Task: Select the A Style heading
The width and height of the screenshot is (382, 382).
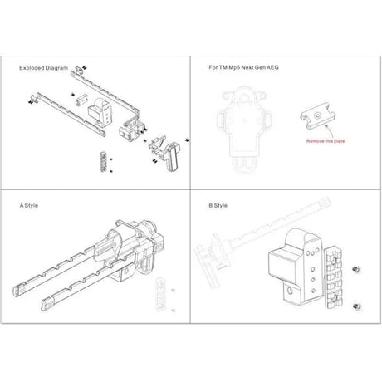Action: point(29,203)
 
